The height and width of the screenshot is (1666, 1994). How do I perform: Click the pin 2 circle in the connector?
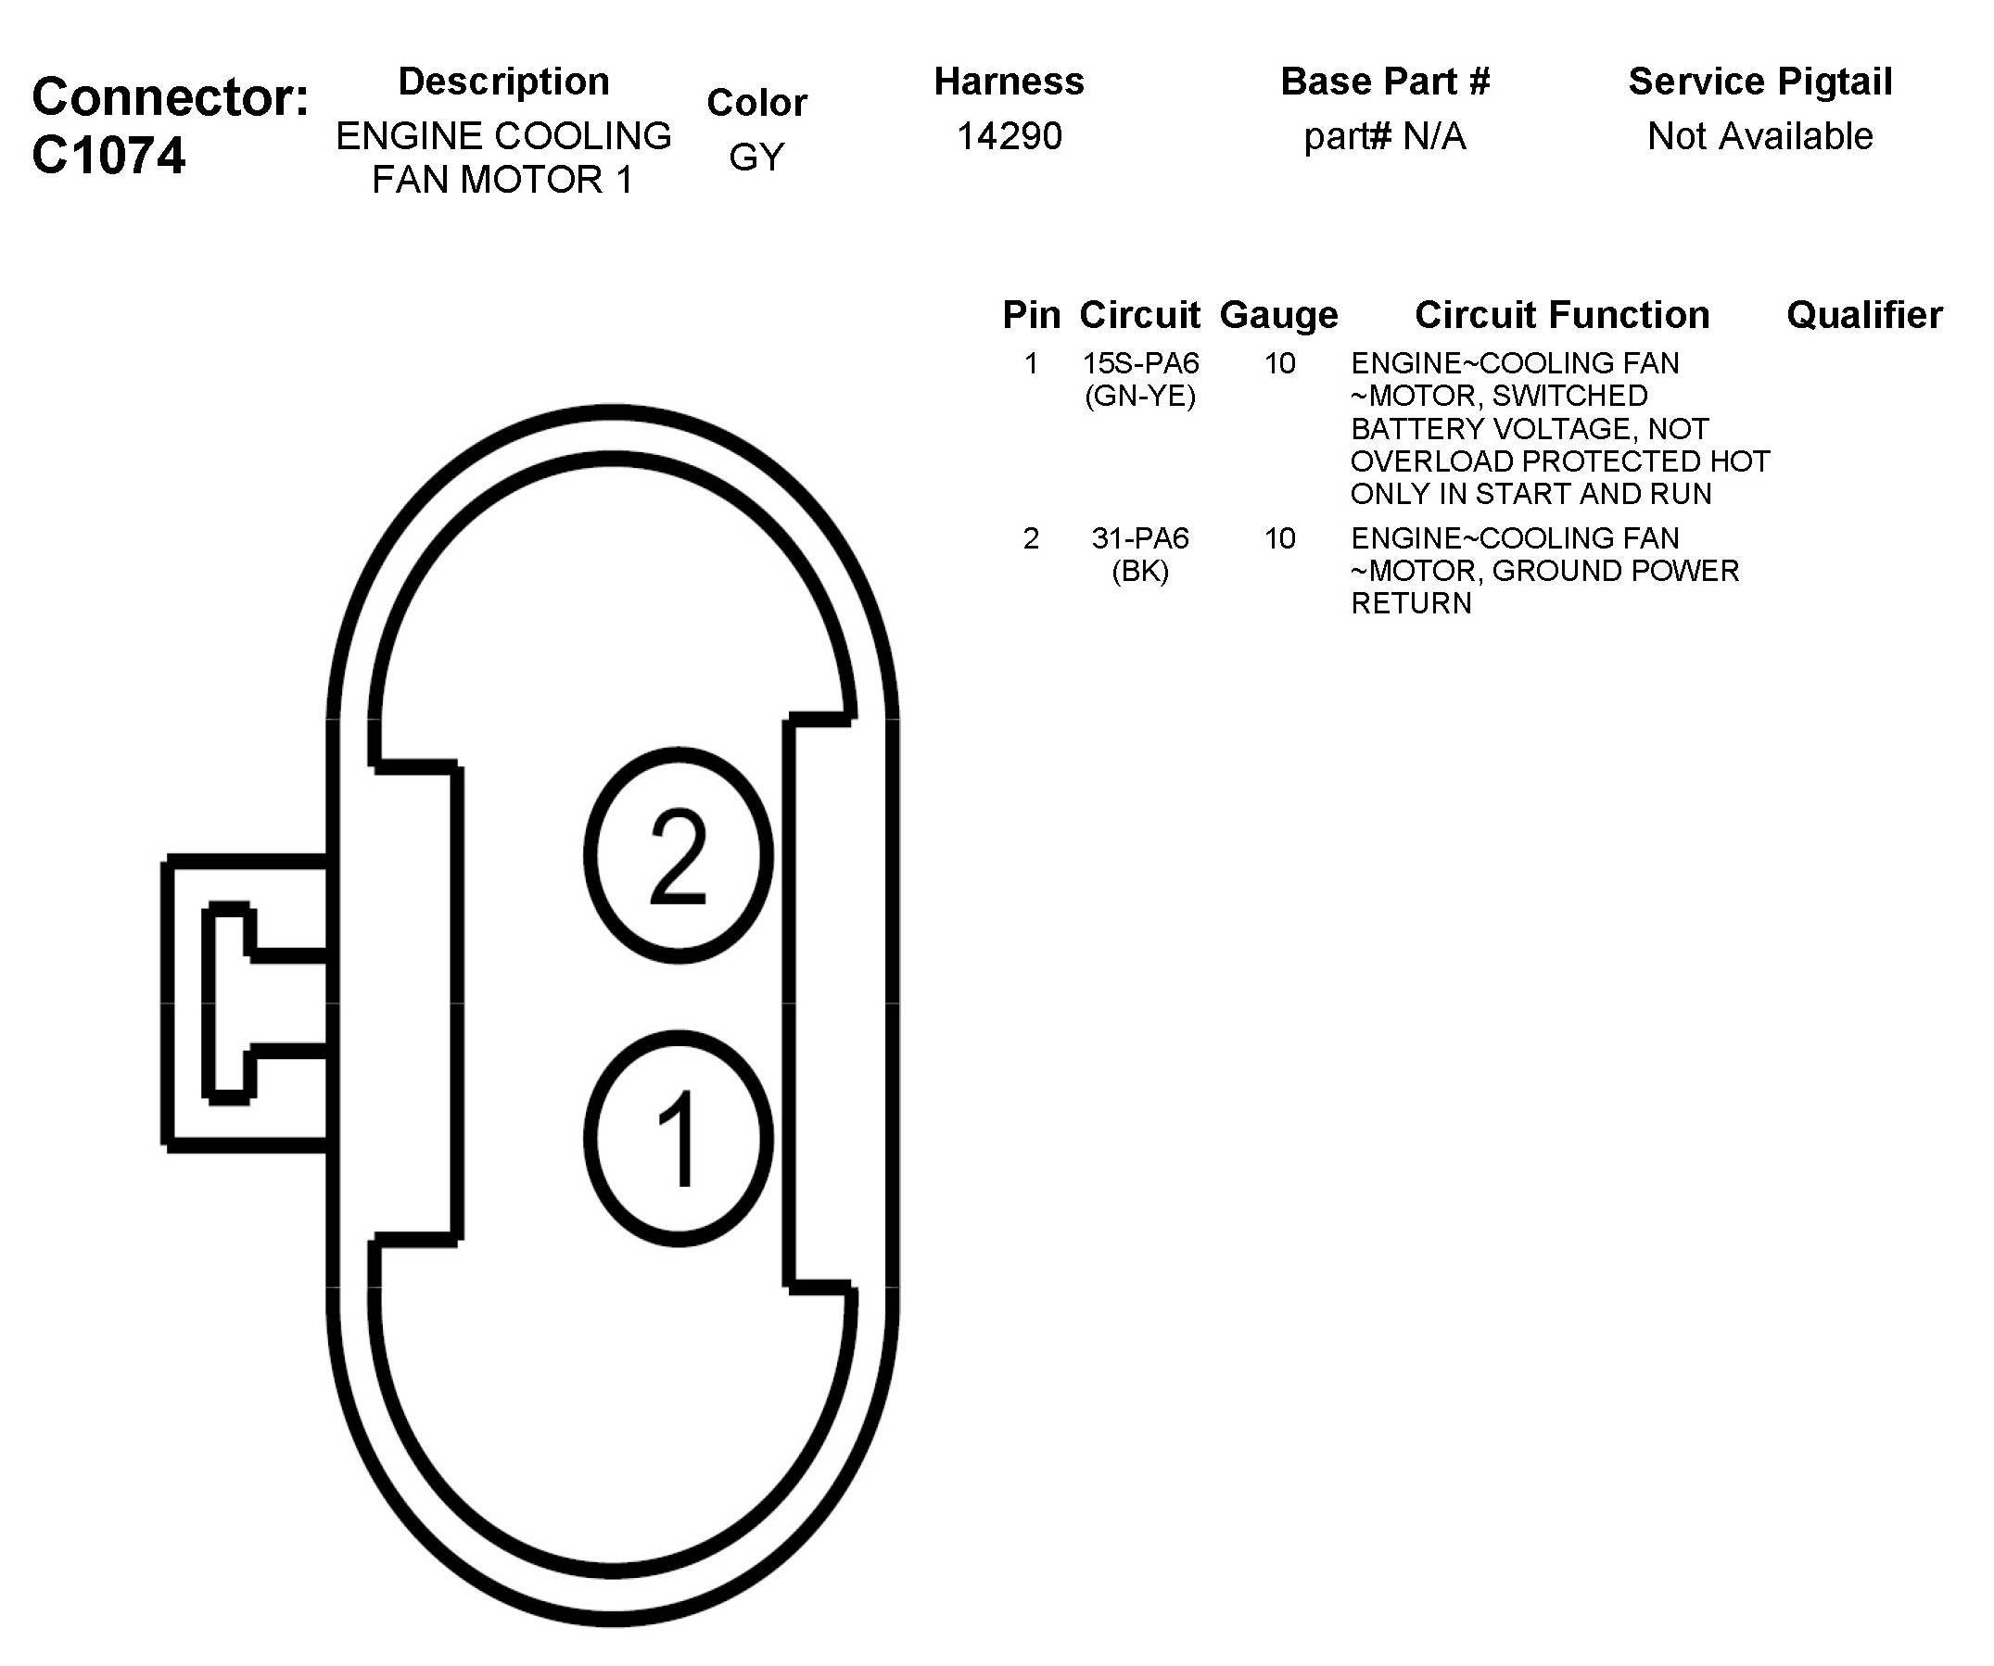(678, 855)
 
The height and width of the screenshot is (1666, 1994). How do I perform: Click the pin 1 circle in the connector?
(678, 1138)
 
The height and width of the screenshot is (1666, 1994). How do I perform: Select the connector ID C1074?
(108, 156)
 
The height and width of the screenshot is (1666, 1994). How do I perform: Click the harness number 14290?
(1009, 137)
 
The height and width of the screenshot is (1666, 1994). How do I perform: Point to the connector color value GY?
(756, 157)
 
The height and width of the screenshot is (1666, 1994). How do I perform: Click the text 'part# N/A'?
(1384, 137)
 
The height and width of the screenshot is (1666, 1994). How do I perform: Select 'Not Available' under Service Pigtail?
(1759, 137)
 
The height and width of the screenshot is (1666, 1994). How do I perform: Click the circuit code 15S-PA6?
(1140, 363)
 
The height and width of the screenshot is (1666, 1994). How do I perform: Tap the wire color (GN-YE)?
(1140, 396)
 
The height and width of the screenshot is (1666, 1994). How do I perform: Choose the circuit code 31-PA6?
(1140, 538)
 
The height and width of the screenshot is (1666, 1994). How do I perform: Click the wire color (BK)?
(1140, 572)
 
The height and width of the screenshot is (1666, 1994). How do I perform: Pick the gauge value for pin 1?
(1279, 363)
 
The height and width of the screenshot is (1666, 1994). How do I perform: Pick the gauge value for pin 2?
(1279, 538)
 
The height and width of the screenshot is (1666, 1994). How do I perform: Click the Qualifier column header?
(1864, 315)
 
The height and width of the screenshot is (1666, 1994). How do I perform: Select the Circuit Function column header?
(1562, 315)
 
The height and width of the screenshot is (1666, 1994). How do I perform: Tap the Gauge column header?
(1278, 315)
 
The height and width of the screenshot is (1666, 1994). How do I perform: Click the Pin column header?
(1031, 315)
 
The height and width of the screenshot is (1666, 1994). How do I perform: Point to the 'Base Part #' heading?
(1385, 82)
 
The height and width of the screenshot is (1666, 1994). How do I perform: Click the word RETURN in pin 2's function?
(1411, 604)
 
